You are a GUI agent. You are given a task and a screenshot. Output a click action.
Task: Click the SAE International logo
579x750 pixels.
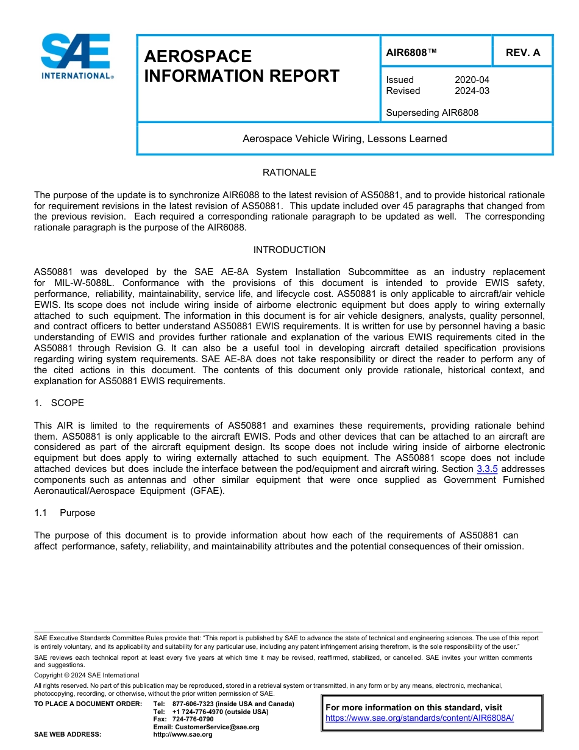[76, 56]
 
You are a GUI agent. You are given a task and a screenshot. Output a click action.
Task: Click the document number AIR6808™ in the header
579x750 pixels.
[411, 52]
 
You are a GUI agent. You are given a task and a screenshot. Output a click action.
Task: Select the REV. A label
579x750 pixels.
[522, 52]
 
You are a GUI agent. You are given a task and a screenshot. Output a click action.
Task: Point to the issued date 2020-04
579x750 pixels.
[472, 80]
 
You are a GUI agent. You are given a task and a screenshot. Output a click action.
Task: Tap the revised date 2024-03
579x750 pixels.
[472, 91]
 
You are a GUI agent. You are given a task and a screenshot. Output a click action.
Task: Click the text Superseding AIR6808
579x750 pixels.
[432, 113]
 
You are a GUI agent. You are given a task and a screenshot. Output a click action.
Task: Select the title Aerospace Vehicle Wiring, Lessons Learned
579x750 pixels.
[344, 139]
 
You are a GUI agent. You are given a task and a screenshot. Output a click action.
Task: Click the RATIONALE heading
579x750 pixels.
[289, 173]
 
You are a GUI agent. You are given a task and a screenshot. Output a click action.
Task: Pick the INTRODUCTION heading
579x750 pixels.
[289, 250]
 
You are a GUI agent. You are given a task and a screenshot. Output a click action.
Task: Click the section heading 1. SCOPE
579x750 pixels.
[60, 403]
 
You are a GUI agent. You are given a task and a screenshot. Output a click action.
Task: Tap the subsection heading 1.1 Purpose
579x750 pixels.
[65, 513]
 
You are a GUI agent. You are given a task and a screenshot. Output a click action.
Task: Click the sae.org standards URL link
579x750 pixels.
[419, 718]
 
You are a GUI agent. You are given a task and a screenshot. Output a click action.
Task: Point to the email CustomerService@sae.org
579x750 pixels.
[206, 727]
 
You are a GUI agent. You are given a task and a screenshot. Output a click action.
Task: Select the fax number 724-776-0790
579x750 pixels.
[193, 720]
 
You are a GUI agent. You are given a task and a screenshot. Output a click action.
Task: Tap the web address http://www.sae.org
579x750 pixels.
[182, 735]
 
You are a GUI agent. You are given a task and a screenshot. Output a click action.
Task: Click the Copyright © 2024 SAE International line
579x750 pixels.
[87, 675]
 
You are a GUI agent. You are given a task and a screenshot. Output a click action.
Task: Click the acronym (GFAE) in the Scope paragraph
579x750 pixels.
[207, 491]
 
